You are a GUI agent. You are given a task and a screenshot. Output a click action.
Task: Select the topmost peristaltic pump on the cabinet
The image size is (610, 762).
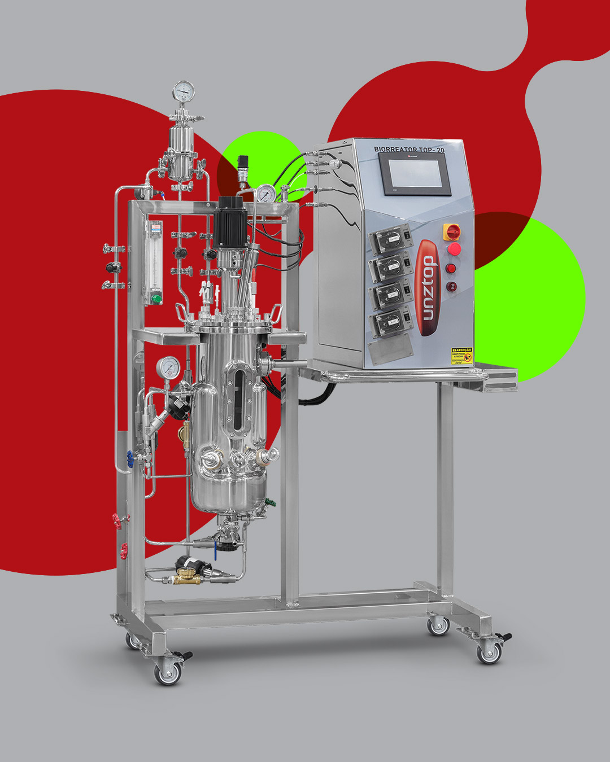click(x=389, y=240)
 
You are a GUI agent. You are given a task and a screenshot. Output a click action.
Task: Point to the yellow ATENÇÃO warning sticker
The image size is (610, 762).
click(x=461, y=356)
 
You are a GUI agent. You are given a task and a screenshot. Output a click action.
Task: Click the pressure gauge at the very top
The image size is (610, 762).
click(x=184, y=91)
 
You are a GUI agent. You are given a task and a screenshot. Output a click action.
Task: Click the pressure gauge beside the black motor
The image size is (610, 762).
click(x=265, y=194)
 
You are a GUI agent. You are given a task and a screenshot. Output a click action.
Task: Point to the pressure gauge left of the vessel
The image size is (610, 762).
click(x=169, y=367)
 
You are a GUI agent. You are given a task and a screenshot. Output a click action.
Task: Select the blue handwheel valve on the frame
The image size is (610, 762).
click(x=129, y=458)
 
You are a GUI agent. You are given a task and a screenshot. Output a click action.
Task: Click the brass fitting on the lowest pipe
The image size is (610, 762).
click(x=185, y=577)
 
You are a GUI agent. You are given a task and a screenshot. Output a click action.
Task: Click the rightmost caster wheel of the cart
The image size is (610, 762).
click(x=489, y=652)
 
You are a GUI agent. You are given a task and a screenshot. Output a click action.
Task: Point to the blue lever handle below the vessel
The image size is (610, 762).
click(x=215, y=548)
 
